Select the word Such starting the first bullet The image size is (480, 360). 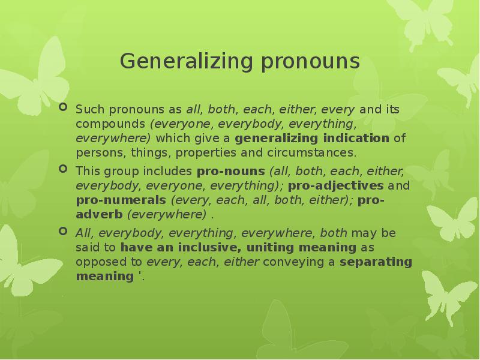point(87,110)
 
